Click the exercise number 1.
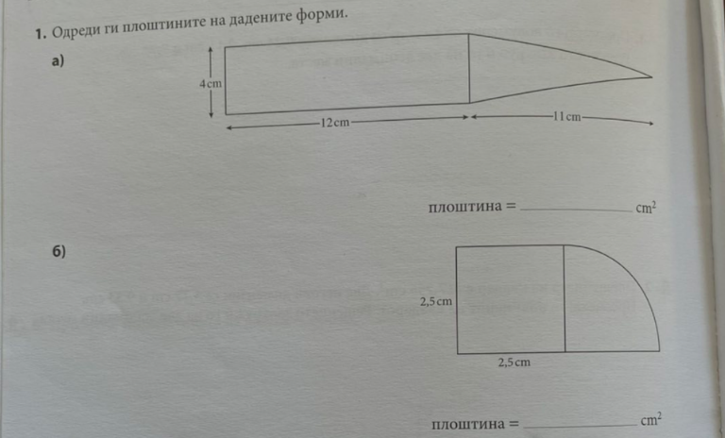41,34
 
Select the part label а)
58,60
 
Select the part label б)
59,252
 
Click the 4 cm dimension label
211,84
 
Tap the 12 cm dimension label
335,123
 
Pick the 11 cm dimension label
566,116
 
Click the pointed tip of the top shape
651,77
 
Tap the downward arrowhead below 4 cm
211,114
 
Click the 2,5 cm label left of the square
436,301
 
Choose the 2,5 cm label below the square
514,362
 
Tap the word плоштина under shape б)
469,424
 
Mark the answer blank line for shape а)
576,211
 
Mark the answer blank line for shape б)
581,426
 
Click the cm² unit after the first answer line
646,208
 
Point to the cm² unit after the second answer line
651,419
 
